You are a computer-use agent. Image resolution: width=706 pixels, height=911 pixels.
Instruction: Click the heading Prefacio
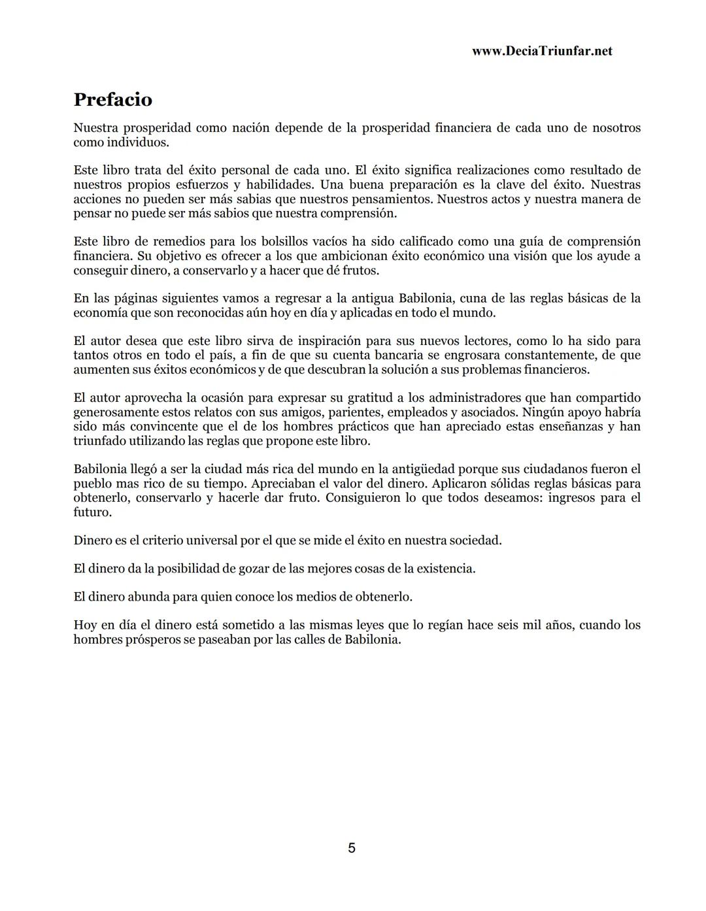point(112,99)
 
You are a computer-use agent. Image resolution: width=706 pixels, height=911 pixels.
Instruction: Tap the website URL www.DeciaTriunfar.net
point(542,51)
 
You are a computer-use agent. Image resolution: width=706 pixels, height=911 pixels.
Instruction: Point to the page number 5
point(352,848)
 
